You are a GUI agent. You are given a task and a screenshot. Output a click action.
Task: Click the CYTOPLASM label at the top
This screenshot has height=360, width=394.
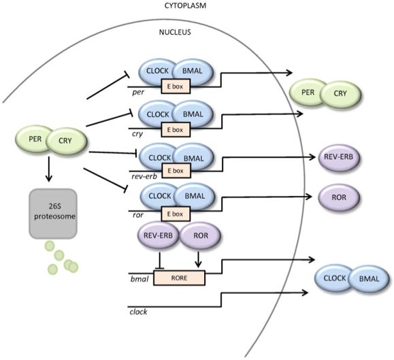pos(185,5)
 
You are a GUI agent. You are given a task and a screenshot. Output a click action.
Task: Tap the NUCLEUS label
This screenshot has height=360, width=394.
pos(175,32)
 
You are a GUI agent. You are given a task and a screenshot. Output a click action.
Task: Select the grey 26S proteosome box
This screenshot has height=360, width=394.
pos(53,214)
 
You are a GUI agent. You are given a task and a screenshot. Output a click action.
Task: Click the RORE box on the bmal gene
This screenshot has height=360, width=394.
pos(179,278)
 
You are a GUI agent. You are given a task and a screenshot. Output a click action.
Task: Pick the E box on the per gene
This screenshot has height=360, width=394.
pos(175,86)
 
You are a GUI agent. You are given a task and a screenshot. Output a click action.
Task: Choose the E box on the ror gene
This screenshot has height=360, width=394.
pos(176,214)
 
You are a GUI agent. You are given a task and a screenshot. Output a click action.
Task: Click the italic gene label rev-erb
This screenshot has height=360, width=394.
pos(144,176)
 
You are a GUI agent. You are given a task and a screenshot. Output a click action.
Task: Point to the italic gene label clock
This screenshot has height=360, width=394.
pos(138,312)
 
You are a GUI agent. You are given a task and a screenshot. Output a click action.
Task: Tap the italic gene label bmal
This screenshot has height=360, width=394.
pos(139,279)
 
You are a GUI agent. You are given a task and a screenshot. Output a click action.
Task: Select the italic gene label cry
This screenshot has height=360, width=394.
pos(137,133)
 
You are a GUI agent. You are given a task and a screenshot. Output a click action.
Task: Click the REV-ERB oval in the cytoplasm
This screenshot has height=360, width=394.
pos(338,157)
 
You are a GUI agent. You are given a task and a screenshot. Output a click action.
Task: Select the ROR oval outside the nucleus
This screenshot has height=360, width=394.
pos(339,197)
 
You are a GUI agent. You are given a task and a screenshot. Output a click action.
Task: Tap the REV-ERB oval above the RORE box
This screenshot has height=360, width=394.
pos(158,235)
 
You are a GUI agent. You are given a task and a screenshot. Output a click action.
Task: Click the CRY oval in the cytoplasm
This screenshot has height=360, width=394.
pos(340,94)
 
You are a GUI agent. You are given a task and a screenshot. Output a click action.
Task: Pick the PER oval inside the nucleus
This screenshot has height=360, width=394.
pos(35,139)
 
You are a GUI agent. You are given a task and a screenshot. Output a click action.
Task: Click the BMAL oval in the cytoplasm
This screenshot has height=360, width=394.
pos(369,279)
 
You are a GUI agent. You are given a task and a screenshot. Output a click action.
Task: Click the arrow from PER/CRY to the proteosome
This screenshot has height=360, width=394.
pos(49,169)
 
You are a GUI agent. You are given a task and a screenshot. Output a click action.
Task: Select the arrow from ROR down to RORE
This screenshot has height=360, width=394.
pos(199,259)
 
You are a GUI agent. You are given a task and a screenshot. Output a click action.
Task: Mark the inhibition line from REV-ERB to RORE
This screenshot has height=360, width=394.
pos(160,261)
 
